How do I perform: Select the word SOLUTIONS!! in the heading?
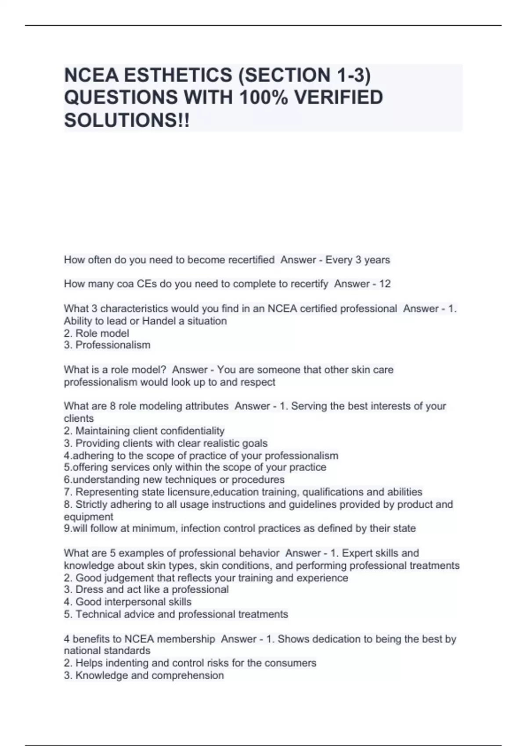pos(127,120)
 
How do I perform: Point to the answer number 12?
pos(385,284)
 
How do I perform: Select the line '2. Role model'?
pos(96,333)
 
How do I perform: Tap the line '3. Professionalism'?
pos(107,345)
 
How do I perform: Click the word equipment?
pos(88,516)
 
